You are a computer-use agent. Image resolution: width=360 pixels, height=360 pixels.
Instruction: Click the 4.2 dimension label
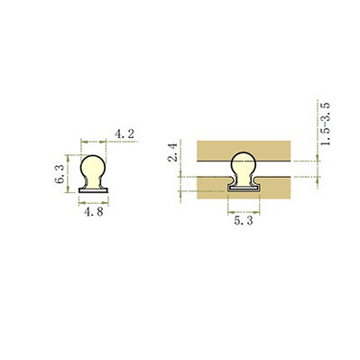click(x=125, y=134)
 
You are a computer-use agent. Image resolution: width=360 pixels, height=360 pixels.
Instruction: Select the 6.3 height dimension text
click(x=60, y=174)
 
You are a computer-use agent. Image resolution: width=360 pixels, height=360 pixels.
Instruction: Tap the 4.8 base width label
click(x=94, y=212)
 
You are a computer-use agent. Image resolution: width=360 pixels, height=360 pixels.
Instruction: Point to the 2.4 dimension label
click(x=173, y=152)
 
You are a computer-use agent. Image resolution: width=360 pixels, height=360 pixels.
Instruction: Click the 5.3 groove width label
click(x=244, y=221)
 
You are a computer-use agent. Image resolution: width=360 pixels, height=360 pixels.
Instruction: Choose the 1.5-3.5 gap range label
click(x=326, y=125)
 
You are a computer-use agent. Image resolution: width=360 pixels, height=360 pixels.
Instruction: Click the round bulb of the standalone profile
click(x=93, y=167)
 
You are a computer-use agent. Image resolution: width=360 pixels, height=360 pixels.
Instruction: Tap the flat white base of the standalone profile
click(x=94, y=190)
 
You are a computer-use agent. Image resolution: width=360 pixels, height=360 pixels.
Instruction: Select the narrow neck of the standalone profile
click(x=93, y=182)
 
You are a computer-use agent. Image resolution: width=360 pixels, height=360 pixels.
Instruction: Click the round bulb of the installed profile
click(x=244, y=163)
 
